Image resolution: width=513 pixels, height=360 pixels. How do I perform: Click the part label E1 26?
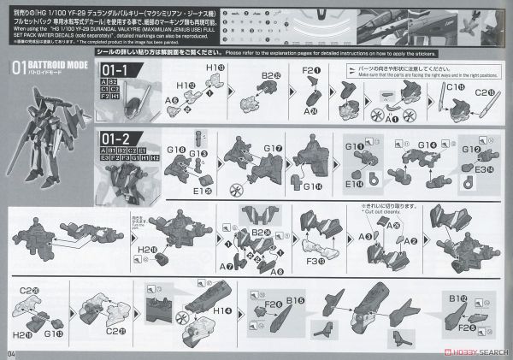click(199, 168)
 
